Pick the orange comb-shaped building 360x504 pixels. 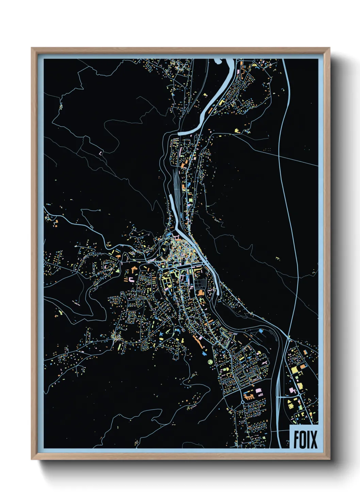(249, 396)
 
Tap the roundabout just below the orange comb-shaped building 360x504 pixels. (242, 402)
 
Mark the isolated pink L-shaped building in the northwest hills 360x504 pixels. (100, 153)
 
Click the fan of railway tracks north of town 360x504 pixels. (176, 184)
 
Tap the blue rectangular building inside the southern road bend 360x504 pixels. (261, 331)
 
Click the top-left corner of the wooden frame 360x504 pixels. (32, 48)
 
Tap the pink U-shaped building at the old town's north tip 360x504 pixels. (177, 237)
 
